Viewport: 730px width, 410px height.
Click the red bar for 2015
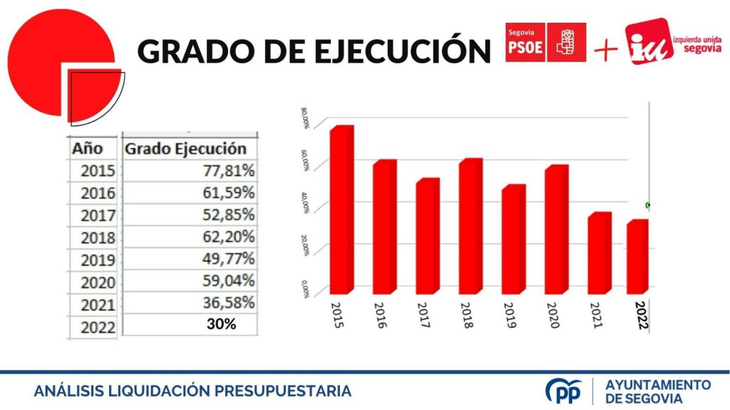click(341, 210)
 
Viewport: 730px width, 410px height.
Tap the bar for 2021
click(599, 253)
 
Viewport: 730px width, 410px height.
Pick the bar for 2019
click(513, 239)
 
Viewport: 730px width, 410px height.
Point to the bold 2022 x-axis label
click(642, 314)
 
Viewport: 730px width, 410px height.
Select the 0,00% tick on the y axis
click(305, 288)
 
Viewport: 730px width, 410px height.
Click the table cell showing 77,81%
click(226, 172)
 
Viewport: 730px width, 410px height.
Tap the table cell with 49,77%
click(226, 258)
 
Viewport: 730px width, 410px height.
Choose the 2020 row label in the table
click(98, 282)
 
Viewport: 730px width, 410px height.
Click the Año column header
click(88, 149)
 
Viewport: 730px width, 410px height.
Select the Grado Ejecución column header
click(185, 149)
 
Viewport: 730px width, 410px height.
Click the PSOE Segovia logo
click(545, 42)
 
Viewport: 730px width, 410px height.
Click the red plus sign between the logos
click(605, 50)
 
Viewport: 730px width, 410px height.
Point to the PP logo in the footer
click(562, 391)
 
